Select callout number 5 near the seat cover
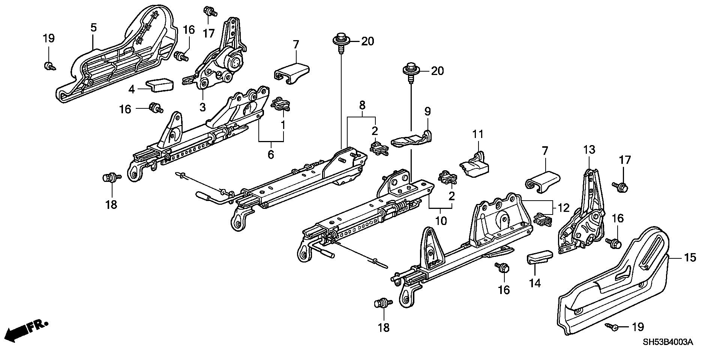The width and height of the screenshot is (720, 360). (x=93, y=27)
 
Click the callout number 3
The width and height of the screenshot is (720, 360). (x=202, y=108)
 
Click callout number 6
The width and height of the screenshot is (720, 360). (x=271, y=154)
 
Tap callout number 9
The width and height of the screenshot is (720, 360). (x=427, y=111)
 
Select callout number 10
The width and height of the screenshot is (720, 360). (x=441, y=220)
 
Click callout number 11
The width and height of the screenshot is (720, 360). (x=478, y=134)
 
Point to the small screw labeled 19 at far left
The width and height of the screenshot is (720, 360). (x=48, y=66)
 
